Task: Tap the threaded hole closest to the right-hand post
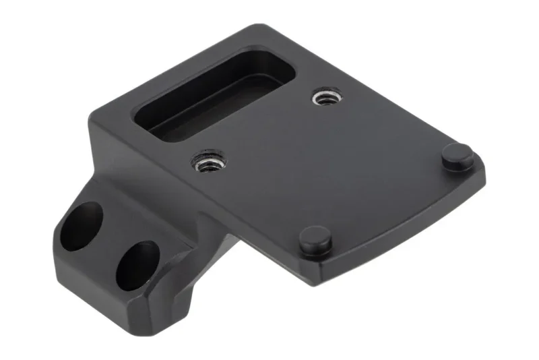325,99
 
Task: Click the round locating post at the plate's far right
457,156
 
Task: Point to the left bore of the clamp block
81,226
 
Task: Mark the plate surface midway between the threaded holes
267,130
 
